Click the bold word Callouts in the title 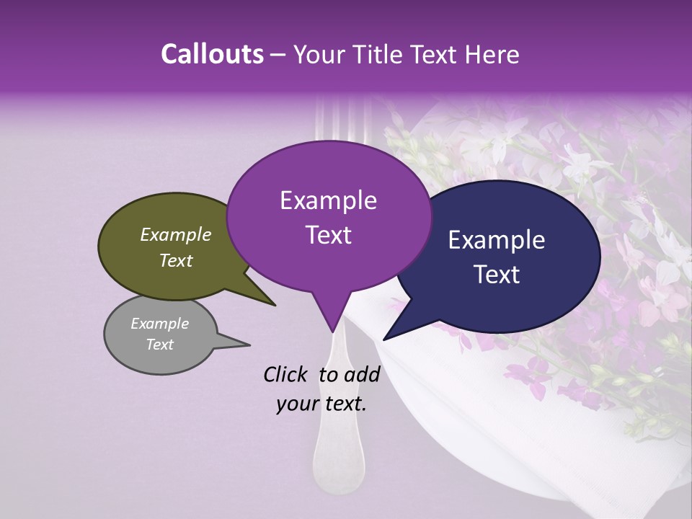pos(212,54)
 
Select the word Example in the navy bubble pos(497,240)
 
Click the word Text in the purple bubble pos(328,235)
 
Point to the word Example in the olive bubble pos(175,235)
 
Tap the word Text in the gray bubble pos(160,345)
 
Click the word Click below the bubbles pos(286,374)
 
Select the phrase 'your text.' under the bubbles pos(321,404)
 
